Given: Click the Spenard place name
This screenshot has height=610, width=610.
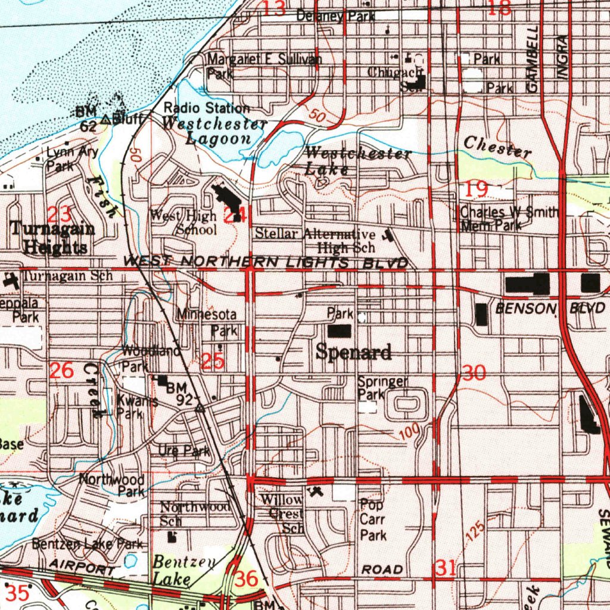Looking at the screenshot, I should point(353,352).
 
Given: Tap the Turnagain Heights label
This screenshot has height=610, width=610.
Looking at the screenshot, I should point(52,238).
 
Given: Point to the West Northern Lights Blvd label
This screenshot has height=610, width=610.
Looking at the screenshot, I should point(266,262).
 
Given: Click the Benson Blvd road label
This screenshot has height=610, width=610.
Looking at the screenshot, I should point(550,308).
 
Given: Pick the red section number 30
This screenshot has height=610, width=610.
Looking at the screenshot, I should point(474,374).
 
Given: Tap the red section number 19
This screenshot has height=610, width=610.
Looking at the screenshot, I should point(477,190).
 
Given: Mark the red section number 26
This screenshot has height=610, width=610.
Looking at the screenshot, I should point(61,371).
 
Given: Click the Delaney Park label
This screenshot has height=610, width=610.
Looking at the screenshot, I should point(335,17).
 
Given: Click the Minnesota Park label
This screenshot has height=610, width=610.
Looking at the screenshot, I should point(206,322).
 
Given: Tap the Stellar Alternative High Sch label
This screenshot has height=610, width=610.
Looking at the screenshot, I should point(316,240).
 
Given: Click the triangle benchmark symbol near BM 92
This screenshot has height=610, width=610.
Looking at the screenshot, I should point(200,409).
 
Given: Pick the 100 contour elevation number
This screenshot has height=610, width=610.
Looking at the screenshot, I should point(410,432).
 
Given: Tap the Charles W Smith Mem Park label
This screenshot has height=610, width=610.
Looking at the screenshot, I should point(509,218).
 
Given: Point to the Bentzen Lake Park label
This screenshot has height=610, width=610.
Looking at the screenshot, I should point(87,543).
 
